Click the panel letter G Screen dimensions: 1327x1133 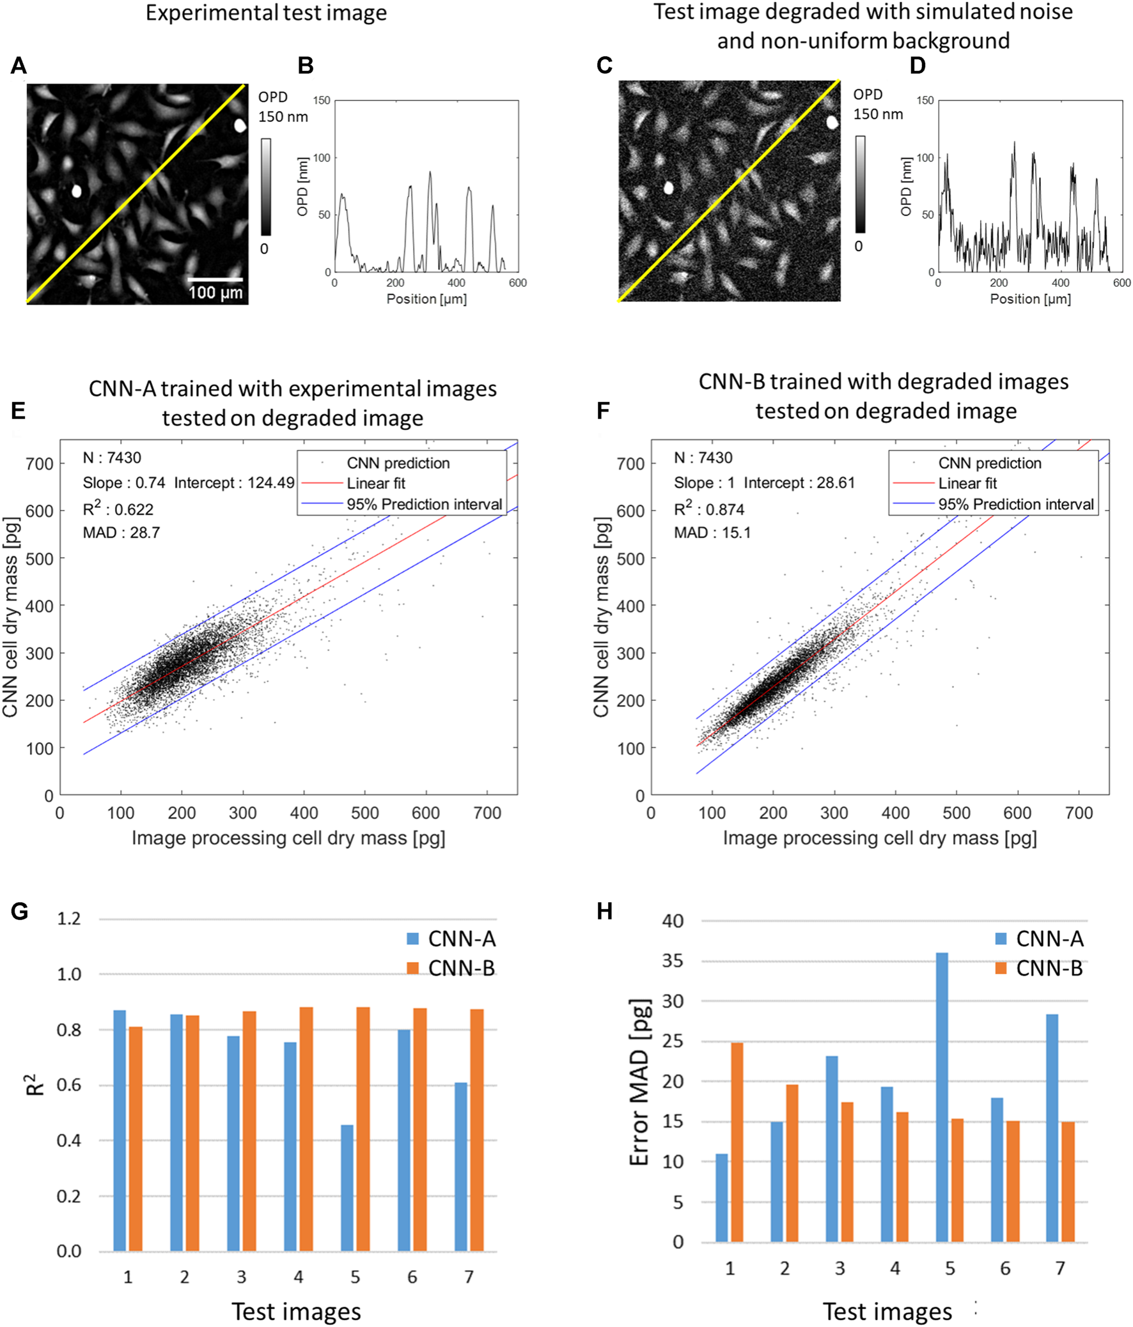pyautogui.click(x=19, y=910)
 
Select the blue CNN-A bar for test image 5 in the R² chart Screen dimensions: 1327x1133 pyautogui.click(x=347, y=1187)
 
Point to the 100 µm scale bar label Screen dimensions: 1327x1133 pyautogui.click(x=215, y=293)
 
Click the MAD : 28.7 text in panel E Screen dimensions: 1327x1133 pyautogui.click(x=121, y=533)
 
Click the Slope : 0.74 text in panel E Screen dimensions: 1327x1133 pyautogui.click(x=123, y=483)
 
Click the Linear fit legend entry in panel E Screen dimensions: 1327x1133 pyautogui.click(x=375, y=484)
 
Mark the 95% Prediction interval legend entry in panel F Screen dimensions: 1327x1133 pyautogui.click(x=1016, y=505)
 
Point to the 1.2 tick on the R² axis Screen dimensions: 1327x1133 pyautogui.click(x=68, y=919)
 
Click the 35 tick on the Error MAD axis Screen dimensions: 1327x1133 pyautogui.click(x=672, y=962)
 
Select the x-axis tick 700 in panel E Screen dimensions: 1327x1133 pyautogui.click(x=487, y=813)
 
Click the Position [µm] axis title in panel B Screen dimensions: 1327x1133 pyautogui.click(x=426, y=299)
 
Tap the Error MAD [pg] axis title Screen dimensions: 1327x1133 pyautogui.click(x=639, y=1082)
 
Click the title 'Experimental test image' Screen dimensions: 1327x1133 pyautogui.click(x=266, y=13)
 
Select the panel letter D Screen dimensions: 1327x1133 pyautogui.click(x=918, y=65)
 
